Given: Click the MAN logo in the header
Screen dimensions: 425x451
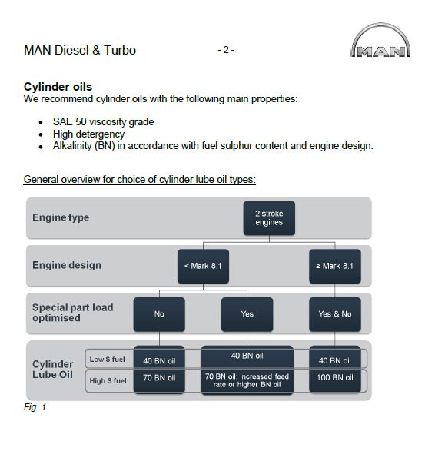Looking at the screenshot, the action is pyautogui.click(x=380, y=40).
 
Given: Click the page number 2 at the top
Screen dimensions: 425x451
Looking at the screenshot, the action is pyautogui.click(x=226, y=50).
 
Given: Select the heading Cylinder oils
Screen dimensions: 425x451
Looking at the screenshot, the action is pyautogui.click(x=58, y=87).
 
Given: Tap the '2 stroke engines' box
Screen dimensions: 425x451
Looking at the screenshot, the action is pyautogui.click(x=269, y=218).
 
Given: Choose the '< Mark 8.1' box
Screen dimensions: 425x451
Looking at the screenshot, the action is pyautogui.click(x=203, y=266).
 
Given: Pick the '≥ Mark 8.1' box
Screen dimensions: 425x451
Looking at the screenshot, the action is pyautogui.click(x=335, y=266).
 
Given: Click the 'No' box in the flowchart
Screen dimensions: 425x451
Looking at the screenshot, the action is pyautogui.click(x=159, y=314).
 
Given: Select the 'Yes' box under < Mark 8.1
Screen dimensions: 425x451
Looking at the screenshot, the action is pyautogui.click(x=247, y=314).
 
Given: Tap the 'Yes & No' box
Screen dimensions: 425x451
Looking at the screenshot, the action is pyautogui.click(x=335, y=314).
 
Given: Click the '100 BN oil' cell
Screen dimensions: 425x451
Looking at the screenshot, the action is pyautogui.click(x=335, y=378).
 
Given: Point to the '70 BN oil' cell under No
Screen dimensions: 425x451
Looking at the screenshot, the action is pyautogui.click(x=159, y=378).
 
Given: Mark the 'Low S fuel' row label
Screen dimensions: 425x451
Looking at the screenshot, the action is pyautogui.click(x=108, y=360).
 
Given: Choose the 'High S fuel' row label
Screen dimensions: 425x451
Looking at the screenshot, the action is pyautogui.click(x=108, y=381).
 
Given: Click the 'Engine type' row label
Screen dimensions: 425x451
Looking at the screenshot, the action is pyautogui.click(x=61, y=217).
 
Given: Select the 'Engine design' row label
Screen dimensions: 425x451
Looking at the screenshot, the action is pyautogui.click(x=67, y=265).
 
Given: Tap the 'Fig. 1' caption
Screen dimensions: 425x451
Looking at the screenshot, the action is pyautogui.click(x=35, y=407).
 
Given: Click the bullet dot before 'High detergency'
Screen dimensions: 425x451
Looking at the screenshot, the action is pyautogui.click(x=41, y=134).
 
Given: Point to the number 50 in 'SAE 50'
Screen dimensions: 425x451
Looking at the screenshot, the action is pyautogui.click(x=81, y=121).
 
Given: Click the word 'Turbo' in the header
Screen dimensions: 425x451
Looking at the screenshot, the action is pyautogui.click(x=120, y=51).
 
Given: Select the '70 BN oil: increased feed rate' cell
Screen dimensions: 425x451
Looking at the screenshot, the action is pyautogui.click(x=247, y=380).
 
